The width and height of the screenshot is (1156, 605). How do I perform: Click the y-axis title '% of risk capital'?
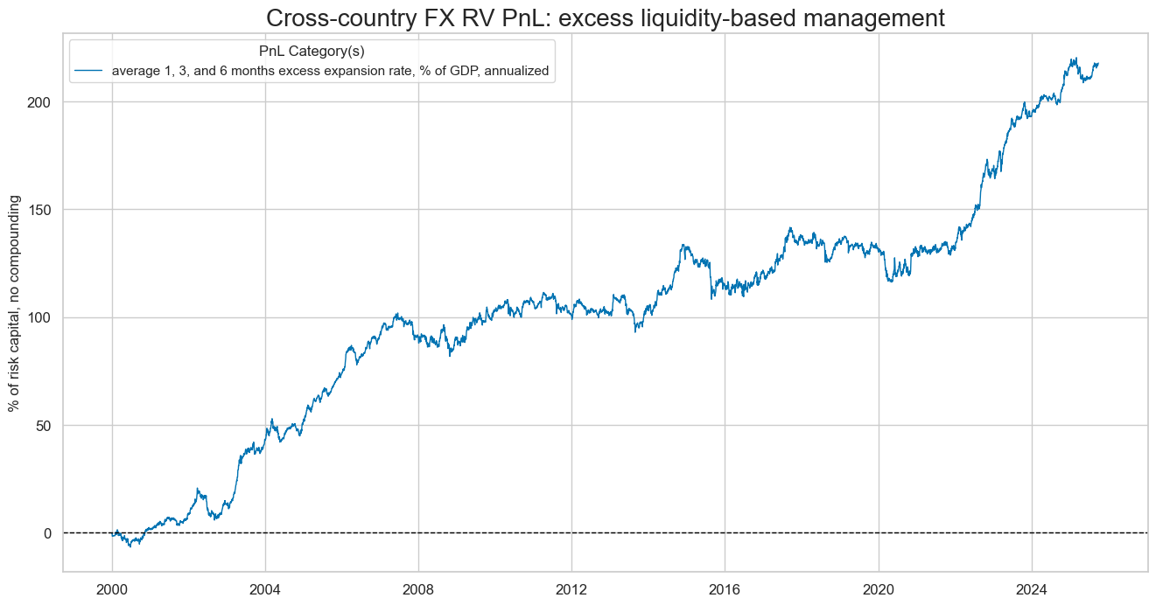click(x=14, y=303)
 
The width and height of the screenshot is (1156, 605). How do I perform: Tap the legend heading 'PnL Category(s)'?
click(x=312, y=52)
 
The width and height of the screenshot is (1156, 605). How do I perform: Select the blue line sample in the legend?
click(x=89, y=72)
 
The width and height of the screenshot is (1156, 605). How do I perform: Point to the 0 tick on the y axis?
click(x=48, y=533)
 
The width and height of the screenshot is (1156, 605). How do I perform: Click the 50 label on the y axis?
click(x=44, y=426)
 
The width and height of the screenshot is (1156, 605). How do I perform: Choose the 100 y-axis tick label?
click(x=40, y=317)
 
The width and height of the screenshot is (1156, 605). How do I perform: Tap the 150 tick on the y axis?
click(x=40, y=210)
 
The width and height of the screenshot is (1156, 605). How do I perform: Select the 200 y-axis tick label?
click(x=40, y=102)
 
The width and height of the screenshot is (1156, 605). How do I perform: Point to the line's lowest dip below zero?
click(x=130, y=546)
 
